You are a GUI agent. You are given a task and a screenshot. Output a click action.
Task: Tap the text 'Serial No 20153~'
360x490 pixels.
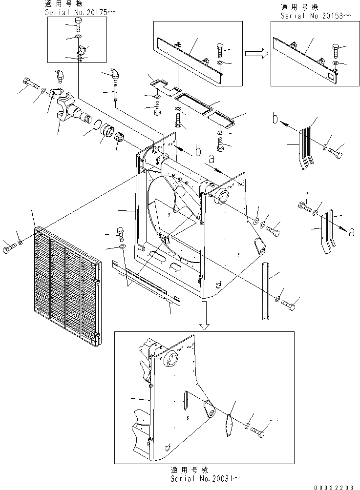coord(316,16)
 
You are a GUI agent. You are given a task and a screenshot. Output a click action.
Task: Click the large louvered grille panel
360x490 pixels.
coord(66,283)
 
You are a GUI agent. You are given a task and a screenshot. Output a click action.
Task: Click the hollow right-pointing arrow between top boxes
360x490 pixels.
coord(255,54)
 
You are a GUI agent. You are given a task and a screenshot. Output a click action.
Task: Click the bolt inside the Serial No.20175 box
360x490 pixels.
coord(80,23)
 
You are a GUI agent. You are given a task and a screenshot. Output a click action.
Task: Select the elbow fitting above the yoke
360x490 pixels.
coord(57,77)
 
